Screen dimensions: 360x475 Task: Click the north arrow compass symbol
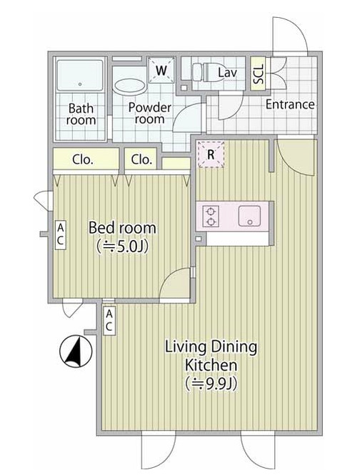coord(76,351)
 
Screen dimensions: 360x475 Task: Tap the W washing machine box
coord(161,70)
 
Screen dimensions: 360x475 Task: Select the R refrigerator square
coord(211,154)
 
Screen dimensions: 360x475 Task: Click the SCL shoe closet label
coord(259,74)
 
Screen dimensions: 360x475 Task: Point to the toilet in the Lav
coord(204,72)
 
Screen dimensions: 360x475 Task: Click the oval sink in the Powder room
coord(129,86)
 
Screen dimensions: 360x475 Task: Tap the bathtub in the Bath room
coord(80,76)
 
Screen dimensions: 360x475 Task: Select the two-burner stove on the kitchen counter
coord(211,216)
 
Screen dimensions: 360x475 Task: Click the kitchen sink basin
coord(249,216)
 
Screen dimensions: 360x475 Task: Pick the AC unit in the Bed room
coord(60,235)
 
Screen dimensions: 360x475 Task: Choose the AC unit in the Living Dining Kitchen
coord(109,321)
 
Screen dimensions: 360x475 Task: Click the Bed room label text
coord(122,228)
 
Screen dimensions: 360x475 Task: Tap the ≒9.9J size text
coord(211,384)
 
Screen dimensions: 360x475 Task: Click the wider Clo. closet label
coord(83,160)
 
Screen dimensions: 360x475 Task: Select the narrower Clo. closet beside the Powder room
coord(141,159)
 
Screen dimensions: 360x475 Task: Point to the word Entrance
coord(290,104)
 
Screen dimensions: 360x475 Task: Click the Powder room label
coord(150,114)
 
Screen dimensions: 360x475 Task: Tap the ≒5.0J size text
coord(122,247)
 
